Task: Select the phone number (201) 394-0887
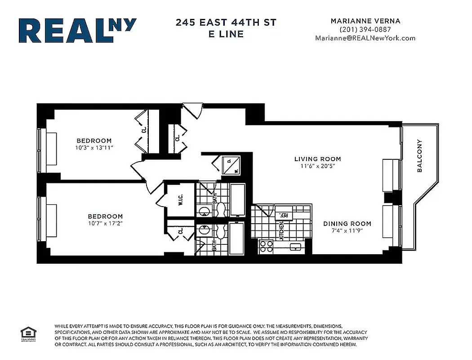365,29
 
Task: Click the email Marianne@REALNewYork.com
365,38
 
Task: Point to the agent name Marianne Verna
365,21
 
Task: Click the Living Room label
317,159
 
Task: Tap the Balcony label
419,156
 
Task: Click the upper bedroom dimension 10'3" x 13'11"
94,148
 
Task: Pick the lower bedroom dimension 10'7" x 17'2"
105,223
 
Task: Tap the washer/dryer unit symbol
232,165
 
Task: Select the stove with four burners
266,247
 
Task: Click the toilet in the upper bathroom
220,210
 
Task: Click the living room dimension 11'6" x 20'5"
317,166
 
